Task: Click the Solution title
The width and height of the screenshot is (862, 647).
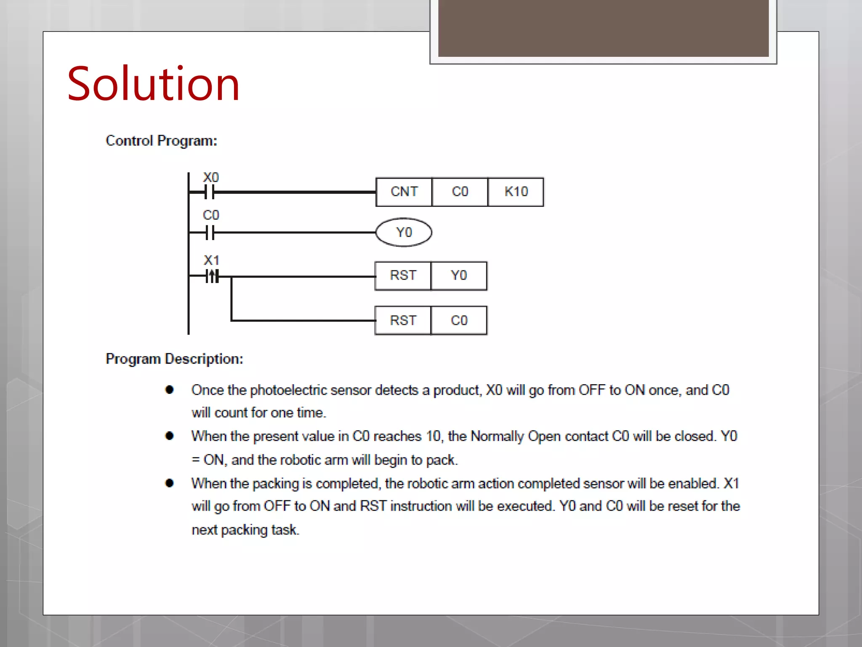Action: click(x=153, y=84)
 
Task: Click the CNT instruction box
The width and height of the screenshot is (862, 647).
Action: click(x=404, y=192)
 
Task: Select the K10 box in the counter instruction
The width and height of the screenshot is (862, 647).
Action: click(x=516, y=192)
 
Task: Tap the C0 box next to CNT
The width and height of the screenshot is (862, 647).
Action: click(x=460, y=192)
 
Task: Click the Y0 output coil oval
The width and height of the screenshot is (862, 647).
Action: click(x=404, y=232)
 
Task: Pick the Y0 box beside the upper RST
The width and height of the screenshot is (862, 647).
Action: click(x=459, y=276)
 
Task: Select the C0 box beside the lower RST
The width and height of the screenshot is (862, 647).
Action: click(x=459, y=321)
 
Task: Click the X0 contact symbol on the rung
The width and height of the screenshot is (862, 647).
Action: click(x=209, y=192)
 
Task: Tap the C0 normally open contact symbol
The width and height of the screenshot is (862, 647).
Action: click(x=210, y=233)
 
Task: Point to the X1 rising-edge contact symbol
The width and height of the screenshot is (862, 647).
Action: click(x=212, y=277)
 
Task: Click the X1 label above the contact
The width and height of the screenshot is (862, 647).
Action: click(x=211, y=260)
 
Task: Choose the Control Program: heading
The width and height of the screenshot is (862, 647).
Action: click(x=161, y=141)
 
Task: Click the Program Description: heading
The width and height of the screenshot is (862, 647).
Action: click(x=174, y=359)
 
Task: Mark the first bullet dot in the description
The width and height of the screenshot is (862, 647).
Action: click(x=170, y=390)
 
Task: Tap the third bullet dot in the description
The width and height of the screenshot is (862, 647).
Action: click(x=170, y=483)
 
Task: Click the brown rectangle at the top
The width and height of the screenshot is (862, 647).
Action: click(x=603, y=28)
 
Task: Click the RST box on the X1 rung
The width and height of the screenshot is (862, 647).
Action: click(x=403, y=276)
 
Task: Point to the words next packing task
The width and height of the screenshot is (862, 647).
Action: click(x=245, y=530)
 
